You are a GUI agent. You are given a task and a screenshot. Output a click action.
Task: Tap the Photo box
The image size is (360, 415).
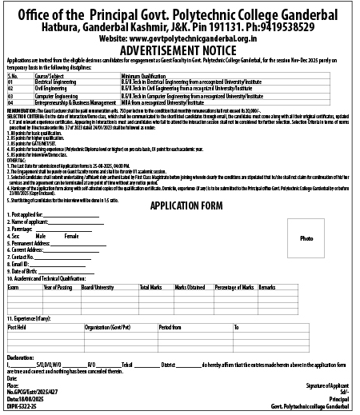coord(306,217)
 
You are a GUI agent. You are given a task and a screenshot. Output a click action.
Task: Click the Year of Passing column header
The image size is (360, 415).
coord(58,286)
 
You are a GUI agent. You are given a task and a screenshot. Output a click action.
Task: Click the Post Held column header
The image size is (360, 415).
coord(17,327)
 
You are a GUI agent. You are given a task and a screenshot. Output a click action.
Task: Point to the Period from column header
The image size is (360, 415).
coord(170,327)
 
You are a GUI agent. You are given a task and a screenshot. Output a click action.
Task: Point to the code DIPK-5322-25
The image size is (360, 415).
coord(22,407)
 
